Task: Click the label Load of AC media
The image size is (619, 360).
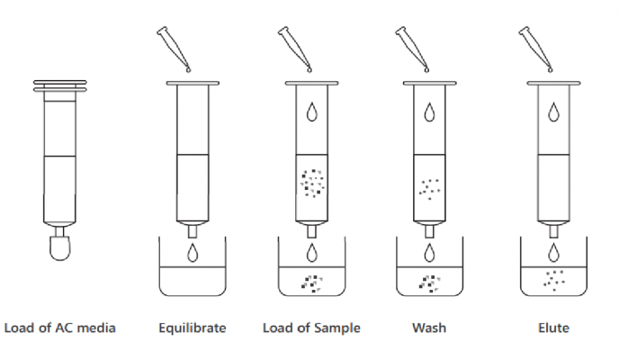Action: [x=60, y=328]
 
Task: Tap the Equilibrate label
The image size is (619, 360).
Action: [x=193, y=328]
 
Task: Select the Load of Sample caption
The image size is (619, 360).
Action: [x=311, y=328]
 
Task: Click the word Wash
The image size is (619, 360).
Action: [x=429, y=328]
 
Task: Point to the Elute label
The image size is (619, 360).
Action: [x=553, y=328]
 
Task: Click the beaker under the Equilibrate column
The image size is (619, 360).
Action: [x=193, y=270]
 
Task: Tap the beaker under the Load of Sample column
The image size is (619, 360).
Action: [x=312, y=270]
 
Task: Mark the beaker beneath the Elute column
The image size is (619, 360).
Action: [x=553, y=270]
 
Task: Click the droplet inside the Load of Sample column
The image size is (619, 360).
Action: [x=311, y=112]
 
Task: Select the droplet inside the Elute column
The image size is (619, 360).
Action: [x=553, y=112]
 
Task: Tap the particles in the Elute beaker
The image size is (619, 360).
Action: [x=552, y=280]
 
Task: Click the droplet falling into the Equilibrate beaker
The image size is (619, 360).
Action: [x=193, y=253]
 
